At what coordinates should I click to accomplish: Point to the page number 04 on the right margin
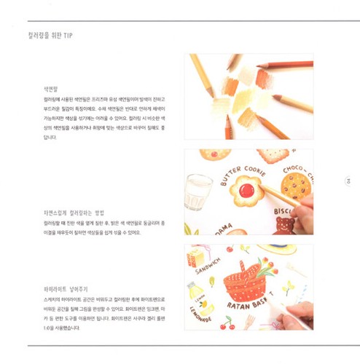click(349, 183)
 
